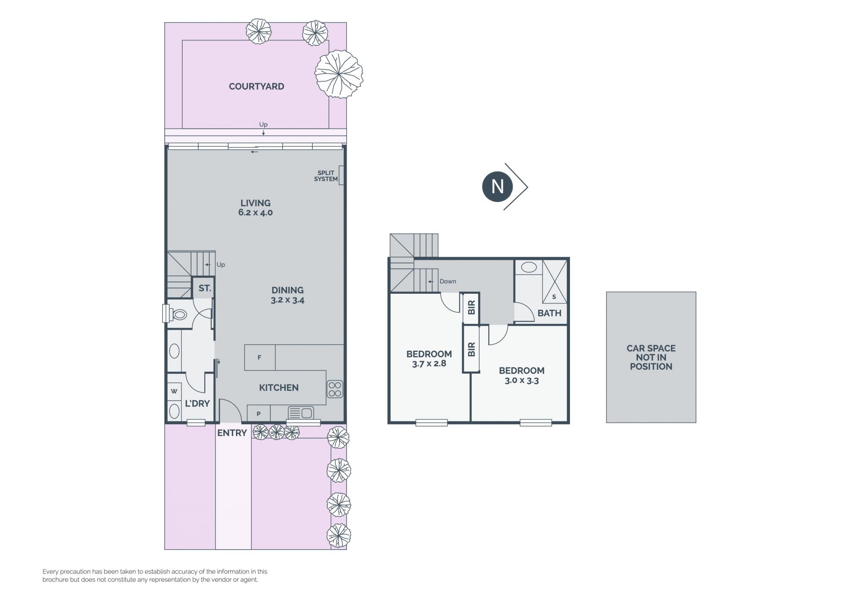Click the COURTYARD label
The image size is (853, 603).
[256, 87]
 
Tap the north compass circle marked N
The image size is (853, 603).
[497, 187]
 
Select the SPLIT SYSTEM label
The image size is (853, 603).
[326, 176]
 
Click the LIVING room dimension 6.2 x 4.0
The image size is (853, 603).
[255, 212]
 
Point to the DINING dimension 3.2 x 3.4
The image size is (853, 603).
[287, 300]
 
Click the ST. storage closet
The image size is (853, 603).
[203, 288]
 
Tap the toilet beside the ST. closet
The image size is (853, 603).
[176, 314]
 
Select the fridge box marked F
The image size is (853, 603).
[259, 357]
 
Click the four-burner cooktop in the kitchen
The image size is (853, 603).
[335, 389]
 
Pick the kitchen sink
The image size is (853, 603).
[301, 413]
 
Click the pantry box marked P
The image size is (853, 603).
[259, 414]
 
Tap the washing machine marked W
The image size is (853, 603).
[174, 391]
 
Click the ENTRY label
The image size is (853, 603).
[232, 433]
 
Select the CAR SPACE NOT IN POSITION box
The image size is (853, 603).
[651, 357]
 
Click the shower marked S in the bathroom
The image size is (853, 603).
[554, 282]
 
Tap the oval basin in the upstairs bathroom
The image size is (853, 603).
[529, 267]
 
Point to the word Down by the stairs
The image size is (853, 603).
[448, 281]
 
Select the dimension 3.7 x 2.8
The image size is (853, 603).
[429, 363]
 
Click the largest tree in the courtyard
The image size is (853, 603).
[339, 74]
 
